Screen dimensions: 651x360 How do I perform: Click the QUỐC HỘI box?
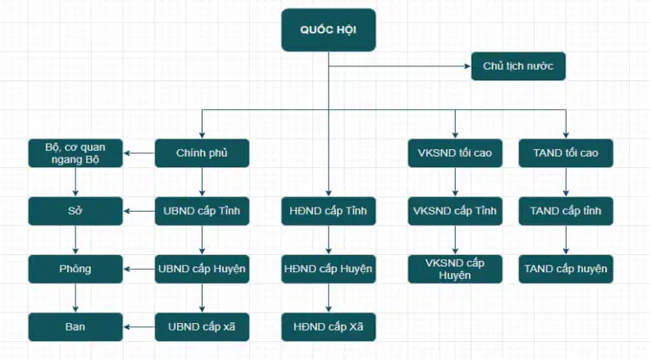pyautogui.click(x=329, y=30)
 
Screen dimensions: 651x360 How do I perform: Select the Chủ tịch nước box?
pyautogui.click(x=518, y=66)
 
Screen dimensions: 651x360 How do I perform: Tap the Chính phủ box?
pyautogui.click(x=202, y=153)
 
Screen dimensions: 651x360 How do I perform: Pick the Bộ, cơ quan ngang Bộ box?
pyautogui.click(x=75, y=153)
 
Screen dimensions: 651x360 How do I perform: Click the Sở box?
pyautogui.click(x=75, y=211)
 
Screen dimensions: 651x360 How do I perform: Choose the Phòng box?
pyautogui.click(x=75, y=269)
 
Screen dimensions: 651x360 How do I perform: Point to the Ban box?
pyautogui.click(x=75, y=327)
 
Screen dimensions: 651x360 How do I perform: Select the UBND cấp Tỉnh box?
pyautogui.click(x=202, y=211)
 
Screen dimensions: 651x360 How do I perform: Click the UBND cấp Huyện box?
pyautogui.click(x=202, y=269)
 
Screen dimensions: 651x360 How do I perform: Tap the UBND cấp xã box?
pyautogui.click(x=202, y=327)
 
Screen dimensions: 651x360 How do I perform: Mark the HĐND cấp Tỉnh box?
pyautogui.click(x=329, y=211)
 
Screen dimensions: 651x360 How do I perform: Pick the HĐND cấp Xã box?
pyautogui.click(x=329, y=327)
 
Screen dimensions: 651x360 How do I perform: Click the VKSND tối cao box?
pyautogui.click(x=455, y=153)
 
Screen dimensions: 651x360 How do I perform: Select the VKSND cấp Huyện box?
pyautogui.click(x=455, y=269)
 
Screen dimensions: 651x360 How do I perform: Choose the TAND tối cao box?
pyautogui.click(x=566, y=153)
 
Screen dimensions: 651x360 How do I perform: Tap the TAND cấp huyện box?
pyautogui.click(x=566, y=269)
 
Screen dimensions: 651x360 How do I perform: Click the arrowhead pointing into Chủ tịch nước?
pyautogui.click(x=468, y=66)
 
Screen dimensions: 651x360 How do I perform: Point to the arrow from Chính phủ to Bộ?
pyautogui.click(x=139, y=153)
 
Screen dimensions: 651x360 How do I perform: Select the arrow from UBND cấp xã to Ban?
pyautogui.click(x=139, y=327)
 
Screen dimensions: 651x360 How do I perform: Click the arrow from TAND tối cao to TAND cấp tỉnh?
pyautogui.click(x=566, y=182)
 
